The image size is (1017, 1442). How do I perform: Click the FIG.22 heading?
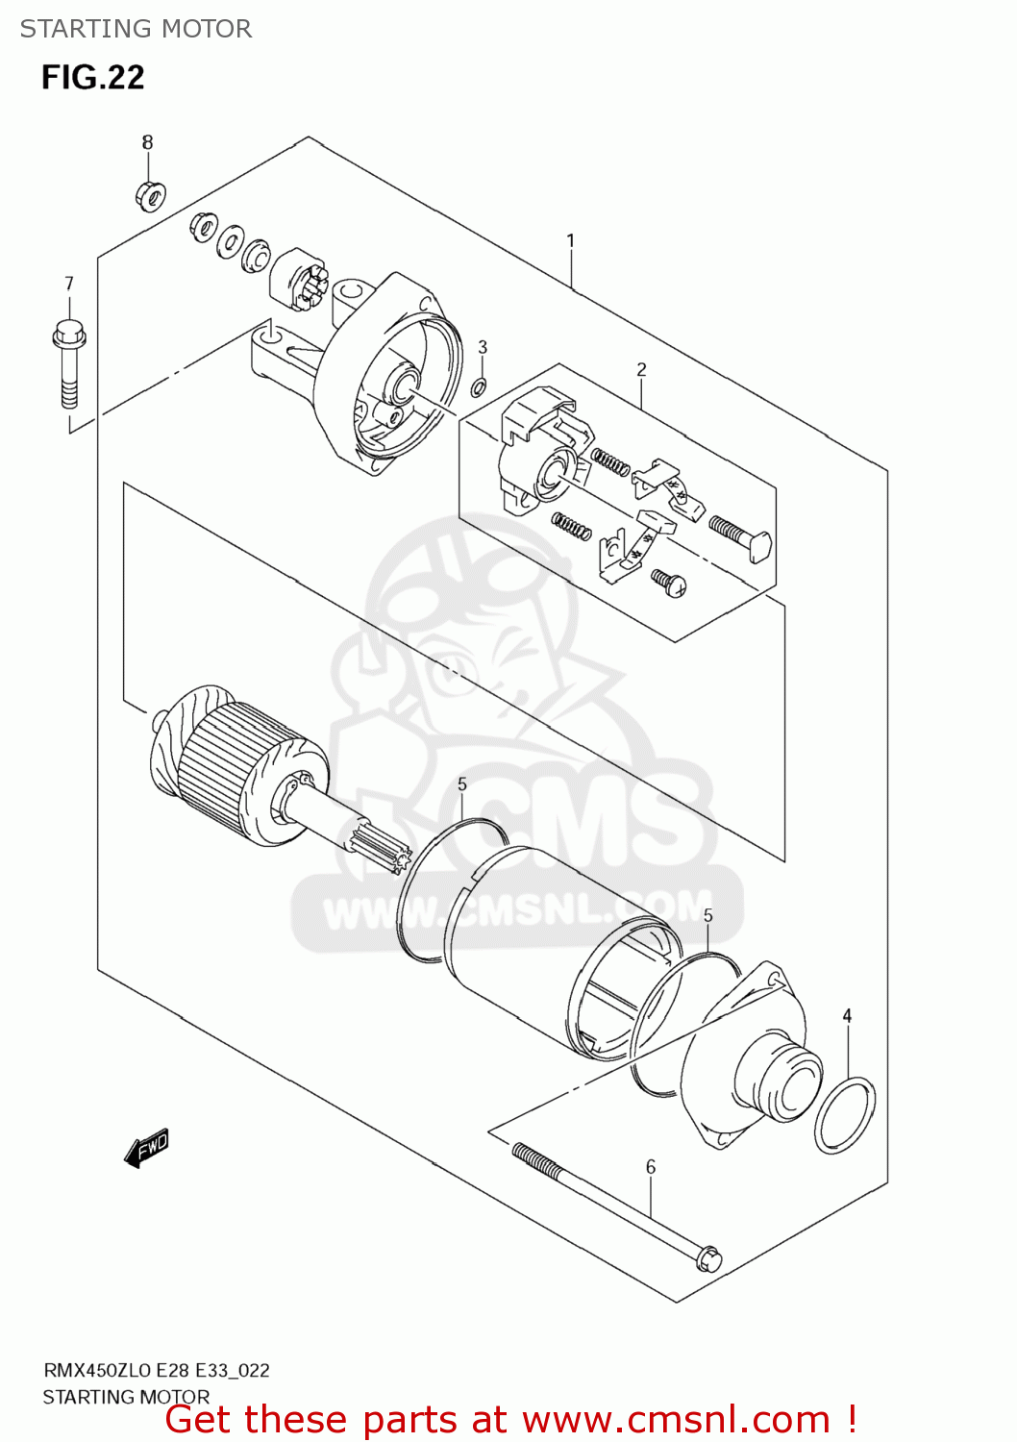coord(92,77)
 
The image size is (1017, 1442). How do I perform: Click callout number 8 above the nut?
coord(147,142)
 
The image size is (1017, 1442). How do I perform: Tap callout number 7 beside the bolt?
coord(68,284)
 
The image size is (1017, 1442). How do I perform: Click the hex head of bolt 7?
coord(68,336)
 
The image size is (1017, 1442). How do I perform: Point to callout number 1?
coord(570,240)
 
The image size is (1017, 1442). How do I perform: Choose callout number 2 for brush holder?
coord(641,369)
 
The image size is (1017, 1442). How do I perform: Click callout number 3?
coord(483,347)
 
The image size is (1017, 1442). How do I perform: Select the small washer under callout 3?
coord(479,388)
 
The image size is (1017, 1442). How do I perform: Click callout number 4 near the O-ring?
coord(847,1016)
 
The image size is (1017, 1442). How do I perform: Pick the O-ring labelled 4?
coord(845,1115)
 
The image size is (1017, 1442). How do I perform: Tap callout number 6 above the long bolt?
coord(651,1167)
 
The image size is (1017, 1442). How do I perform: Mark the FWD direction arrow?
coord(147,1147)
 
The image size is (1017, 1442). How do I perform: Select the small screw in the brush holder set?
coord(668,581)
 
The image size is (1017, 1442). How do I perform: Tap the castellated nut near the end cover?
coord(301,283)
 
